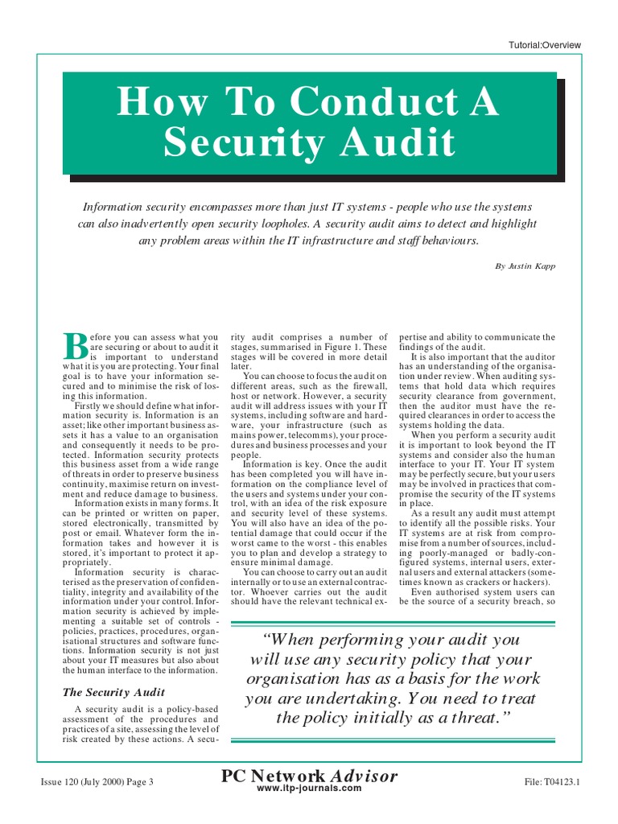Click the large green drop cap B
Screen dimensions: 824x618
tap(74, 345)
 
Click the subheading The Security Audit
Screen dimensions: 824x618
tap(113, 692)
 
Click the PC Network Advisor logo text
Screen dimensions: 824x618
tap(309, 777)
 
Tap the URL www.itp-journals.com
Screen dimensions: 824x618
tap(309, 789)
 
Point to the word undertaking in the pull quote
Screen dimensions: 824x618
tap(359, 698)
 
